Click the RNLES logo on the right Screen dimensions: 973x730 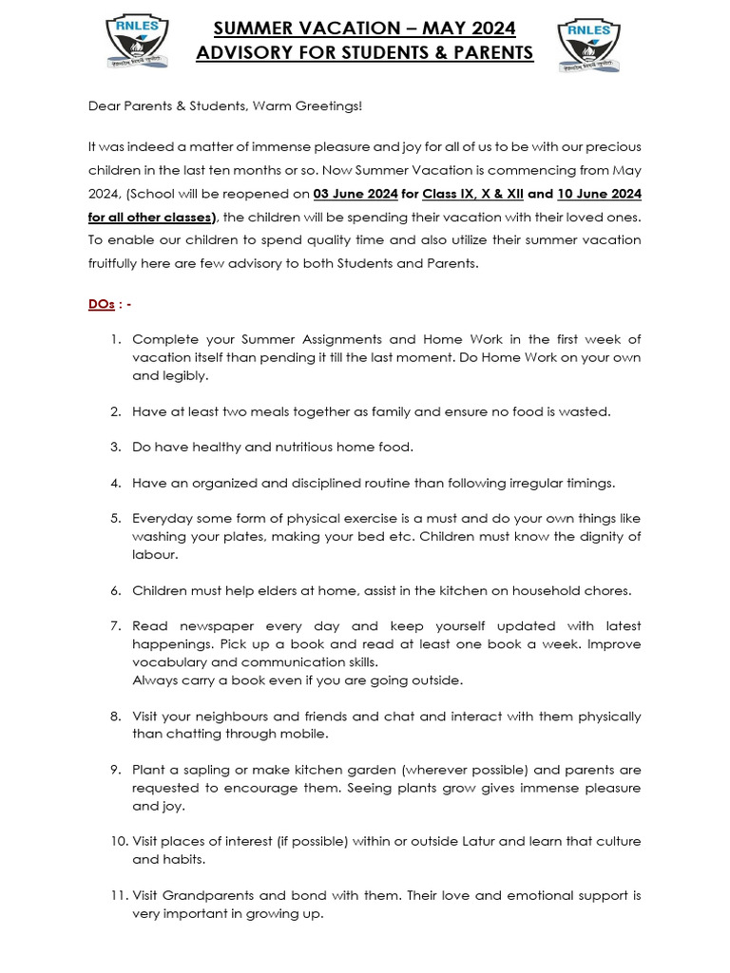(590, 44)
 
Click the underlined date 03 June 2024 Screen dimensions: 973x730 (355, 194)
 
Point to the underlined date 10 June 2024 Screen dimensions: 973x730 (599, 194)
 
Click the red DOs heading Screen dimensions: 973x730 (102, 304)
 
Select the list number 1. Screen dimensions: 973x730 (115, 339)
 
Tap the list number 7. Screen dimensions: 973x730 (115, 626)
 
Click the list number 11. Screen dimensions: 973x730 (113, 895)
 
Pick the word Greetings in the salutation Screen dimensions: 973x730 (328, 105)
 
